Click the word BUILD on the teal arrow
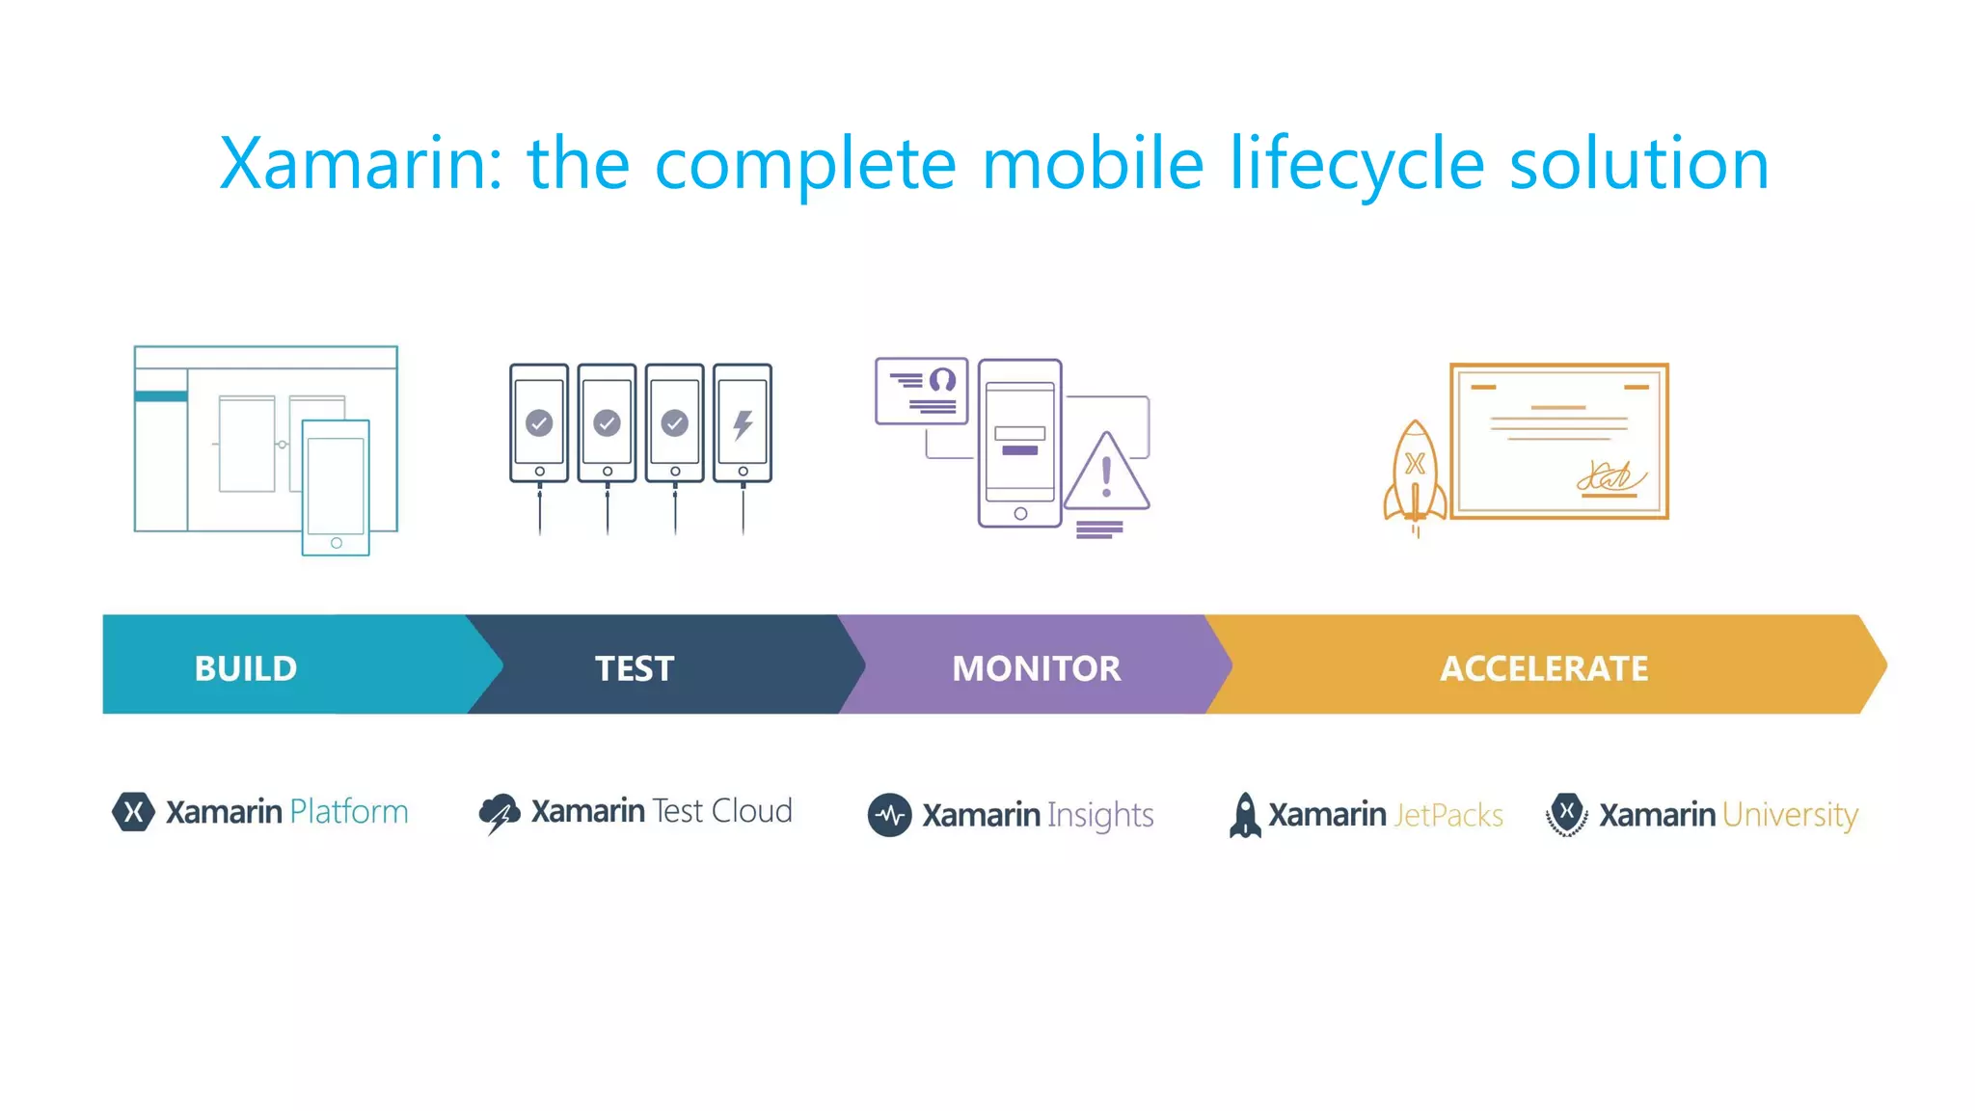(246, 668)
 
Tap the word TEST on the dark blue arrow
(635, 668)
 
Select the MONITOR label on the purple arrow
(1036, 668)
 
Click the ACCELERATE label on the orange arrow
(1544, 668)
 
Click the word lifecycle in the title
(1356, 164)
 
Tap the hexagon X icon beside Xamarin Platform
(133, 811)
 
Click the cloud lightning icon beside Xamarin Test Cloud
(500, 813)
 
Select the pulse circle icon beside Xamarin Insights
(889, 815)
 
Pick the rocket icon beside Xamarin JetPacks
(1245, 815)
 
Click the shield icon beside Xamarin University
(1567, 814)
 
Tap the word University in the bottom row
(1790, 815)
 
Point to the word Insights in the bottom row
(1100, 815)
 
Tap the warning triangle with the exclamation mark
(1107, 475)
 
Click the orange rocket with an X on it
(1415, 473)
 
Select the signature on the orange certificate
(1610, 476)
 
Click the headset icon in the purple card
(942, 380)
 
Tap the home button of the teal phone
(336, 543)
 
